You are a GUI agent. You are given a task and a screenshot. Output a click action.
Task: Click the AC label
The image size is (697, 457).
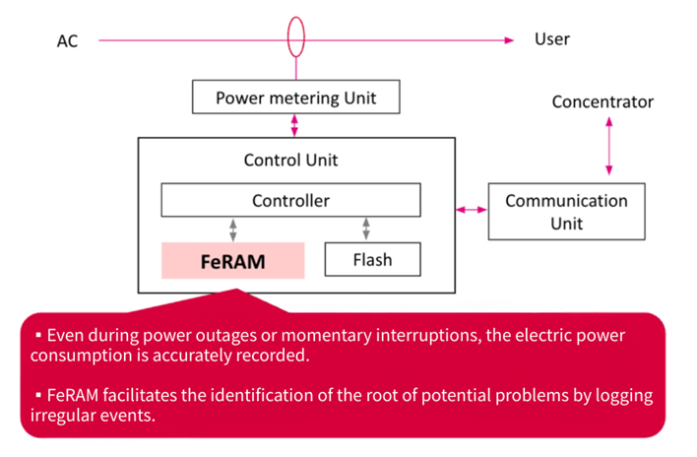(68, 41)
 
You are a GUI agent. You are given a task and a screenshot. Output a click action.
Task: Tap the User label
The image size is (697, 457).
(551, 39)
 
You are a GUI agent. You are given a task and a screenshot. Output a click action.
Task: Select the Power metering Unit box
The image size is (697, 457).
(295, 98)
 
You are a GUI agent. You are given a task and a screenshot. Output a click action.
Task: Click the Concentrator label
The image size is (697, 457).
(602, 101)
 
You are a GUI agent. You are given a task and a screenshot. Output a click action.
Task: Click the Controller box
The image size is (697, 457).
(290, 201)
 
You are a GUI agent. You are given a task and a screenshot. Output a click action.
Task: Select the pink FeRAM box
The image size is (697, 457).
(232, 261)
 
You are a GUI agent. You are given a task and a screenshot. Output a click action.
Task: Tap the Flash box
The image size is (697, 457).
(372, 260)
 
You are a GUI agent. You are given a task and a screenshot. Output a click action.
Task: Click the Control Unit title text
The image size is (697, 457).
(290, 160)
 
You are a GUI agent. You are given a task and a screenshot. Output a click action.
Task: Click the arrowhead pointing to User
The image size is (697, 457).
(508, 40)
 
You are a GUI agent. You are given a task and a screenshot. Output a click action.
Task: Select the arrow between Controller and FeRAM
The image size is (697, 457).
(233, 229)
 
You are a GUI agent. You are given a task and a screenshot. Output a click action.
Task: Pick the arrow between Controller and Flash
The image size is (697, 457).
(366, 229)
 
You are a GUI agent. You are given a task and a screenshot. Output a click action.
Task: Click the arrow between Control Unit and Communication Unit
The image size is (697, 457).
(472, 210)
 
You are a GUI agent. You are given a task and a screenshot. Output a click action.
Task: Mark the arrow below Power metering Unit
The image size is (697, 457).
(295, 126)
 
